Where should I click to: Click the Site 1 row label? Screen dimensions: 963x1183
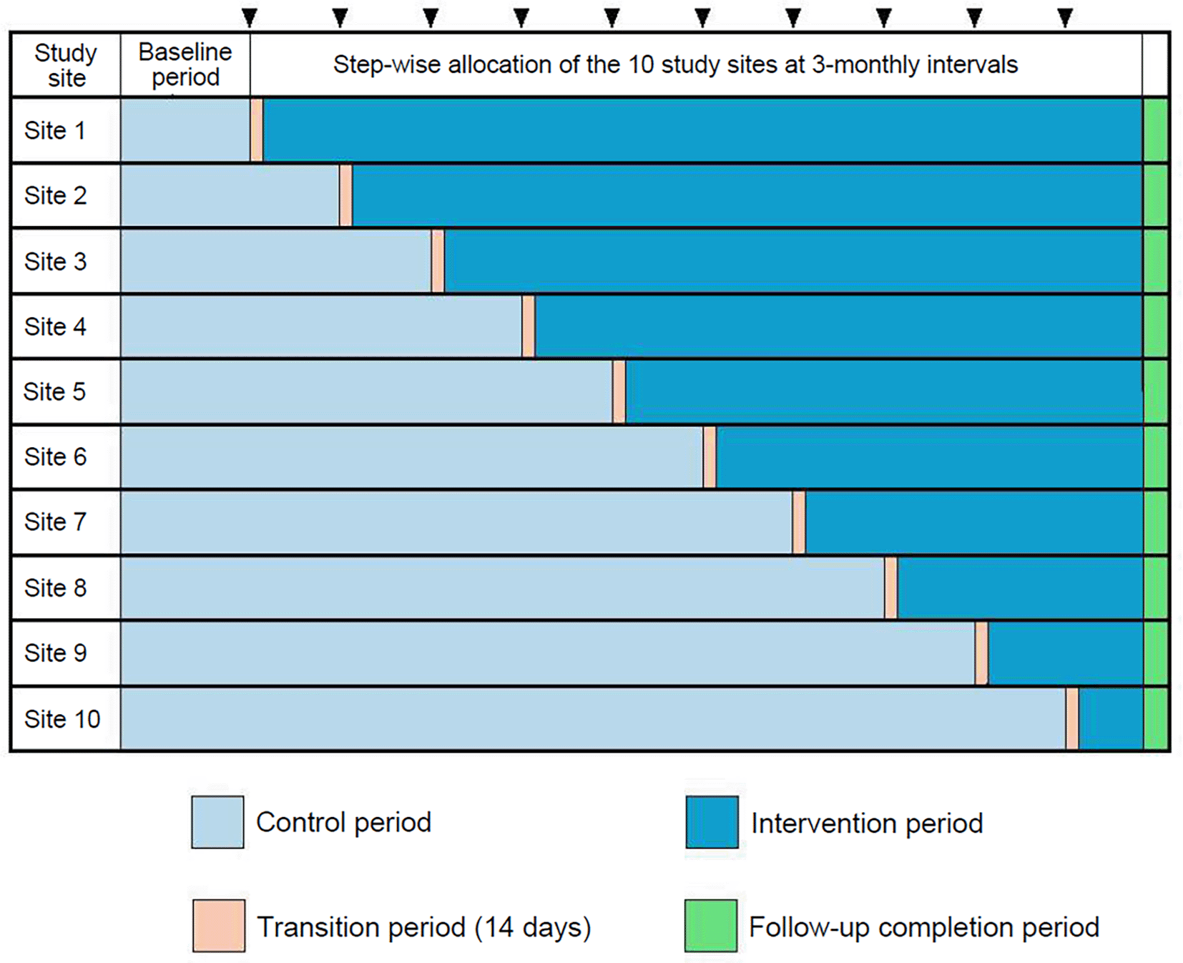(55, 131)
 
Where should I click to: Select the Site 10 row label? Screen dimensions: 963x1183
(62, 719)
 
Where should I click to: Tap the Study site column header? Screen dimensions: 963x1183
(66, 65)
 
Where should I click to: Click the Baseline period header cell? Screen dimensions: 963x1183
(185, 64)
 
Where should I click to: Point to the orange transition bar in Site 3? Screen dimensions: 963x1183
(438, 261)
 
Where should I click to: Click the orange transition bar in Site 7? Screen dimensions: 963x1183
(799, 522)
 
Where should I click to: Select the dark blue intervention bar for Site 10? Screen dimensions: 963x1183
(1110, 719)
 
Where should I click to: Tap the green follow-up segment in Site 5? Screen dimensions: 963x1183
(1156, 392)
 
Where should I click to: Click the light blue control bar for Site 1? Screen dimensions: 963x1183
(185, 130)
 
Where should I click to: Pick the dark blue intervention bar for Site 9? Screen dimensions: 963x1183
(1065, 653)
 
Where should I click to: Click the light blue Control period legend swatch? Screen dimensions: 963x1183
(217, 822)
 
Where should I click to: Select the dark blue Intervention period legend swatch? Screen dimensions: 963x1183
(712, 822)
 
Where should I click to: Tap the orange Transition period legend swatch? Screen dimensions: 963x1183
(219, 926)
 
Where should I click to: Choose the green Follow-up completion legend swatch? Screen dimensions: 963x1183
(710, 926)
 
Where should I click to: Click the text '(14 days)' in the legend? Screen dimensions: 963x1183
(533, 927)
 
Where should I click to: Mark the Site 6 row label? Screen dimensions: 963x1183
(55, 457)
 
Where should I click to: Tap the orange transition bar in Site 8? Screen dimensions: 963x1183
(890, 588)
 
